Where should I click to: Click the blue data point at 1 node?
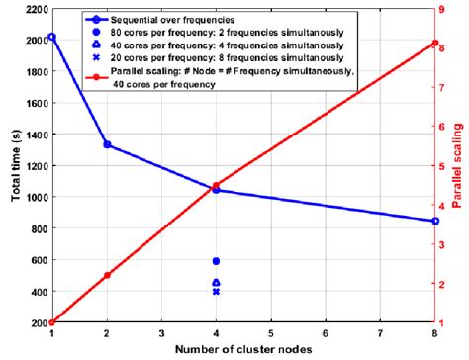tap(51, 37)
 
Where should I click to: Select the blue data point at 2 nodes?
tap(107, 145)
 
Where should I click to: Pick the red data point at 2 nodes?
tap(107, 275)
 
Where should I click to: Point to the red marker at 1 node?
tap(51, 322)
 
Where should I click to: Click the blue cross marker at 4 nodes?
tap(216, 292)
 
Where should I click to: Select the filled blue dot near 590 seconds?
tap(216, 261)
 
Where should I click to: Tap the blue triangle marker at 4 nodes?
tap(216, 283)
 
